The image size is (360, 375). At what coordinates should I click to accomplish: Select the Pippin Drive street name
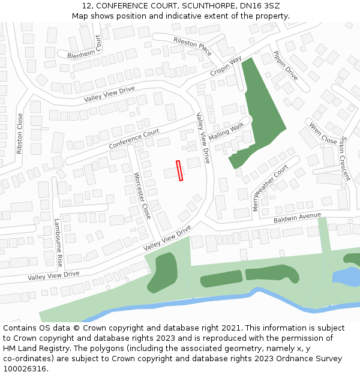click(x=285, y=65)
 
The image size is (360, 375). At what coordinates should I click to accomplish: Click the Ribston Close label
click(x=19, y=134)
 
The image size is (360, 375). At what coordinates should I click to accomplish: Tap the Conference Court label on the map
click(x=134, y=139)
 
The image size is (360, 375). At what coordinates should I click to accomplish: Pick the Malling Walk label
click(x=227, y=130)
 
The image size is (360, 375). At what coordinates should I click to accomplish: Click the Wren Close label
click(x=323, y=134)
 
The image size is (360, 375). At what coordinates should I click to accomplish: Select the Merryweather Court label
click(x=270, y=188)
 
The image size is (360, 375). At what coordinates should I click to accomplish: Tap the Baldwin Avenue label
click(x=298, y=217)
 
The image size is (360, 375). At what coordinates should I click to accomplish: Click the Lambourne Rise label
click(x=58, y=242)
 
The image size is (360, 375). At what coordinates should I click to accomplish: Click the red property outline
click(x=179, y=170)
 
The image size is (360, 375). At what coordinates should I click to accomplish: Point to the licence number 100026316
click(x=25, y=369)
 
